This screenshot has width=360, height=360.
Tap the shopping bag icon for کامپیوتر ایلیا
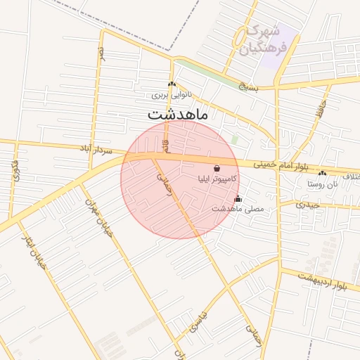tap(215, 169)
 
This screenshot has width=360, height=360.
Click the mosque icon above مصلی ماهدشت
tap(238, 198)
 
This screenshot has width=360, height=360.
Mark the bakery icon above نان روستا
tap(322, 173)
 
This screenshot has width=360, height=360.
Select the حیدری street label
tap(307, 205)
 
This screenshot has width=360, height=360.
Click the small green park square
tap(234, 140)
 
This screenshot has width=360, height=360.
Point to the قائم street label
tap(166, 146)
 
